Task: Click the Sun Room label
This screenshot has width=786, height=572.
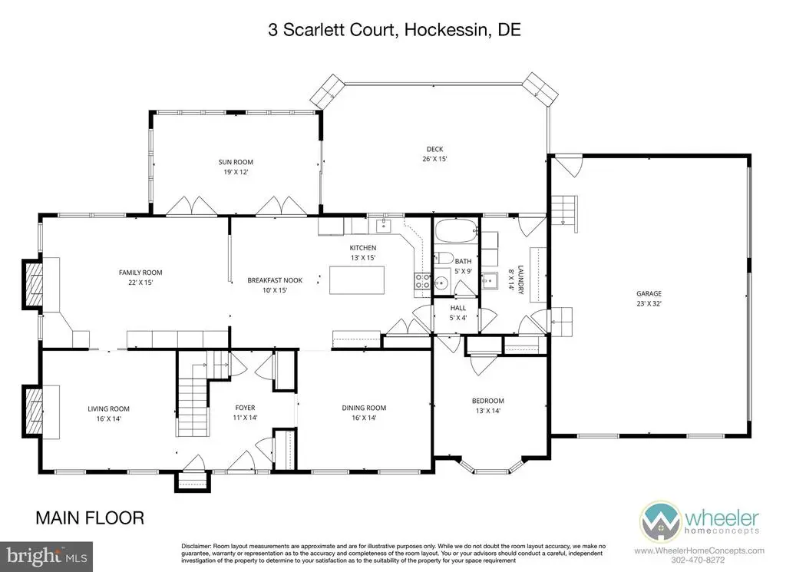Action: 236,162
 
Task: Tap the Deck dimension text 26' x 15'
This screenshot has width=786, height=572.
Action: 434,159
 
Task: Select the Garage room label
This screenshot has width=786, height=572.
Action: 649,293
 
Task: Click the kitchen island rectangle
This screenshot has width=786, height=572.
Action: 357,279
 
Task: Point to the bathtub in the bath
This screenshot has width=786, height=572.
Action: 456,232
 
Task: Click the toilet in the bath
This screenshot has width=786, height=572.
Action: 444,259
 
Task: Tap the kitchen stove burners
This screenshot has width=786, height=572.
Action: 421,281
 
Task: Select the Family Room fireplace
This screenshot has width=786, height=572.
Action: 32,284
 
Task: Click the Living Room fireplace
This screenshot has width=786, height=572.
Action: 32,411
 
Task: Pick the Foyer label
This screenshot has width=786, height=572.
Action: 245,408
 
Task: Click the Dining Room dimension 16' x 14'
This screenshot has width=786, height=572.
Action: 364,418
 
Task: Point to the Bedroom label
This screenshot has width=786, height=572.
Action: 487,401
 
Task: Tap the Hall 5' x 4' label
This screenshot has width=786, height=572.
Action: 458,312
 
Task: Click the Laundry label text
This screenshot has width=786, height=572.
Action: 520,279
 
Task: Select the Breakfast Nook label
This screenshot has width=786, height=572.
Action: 275,280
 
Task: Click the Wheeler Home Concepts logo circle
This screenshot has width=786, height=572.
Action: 660,521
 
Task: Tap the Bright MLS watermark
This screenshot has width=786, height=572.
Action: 47,557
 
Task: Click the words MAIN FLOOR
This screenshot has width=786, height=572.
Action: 90,517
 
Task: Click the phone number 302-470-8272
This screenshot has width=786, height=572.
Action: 699,560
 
